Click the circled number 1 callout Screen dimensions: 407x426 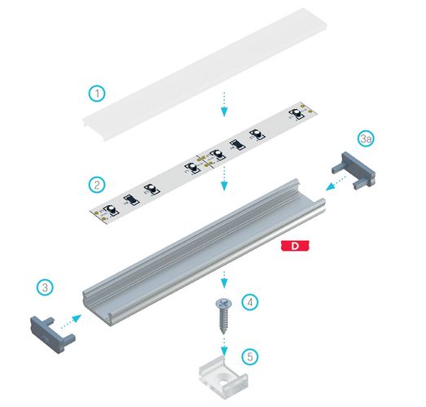tap(97, 94)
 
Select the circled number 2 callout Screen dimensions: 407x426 tap(97, 186)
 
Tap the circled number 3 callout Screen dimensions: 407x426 tap(46, 287)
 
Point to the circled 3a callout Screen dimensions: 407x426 tap(367, 139)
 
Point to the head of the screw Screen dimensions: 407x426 tap(222, 303)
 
